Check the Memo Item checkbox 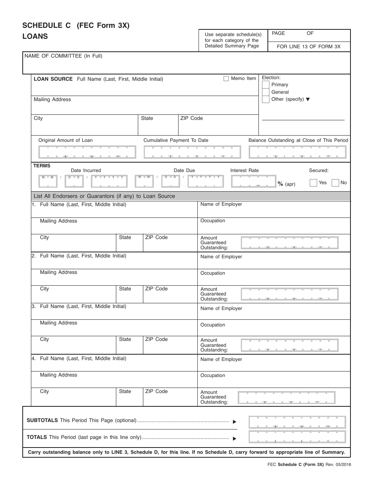226,79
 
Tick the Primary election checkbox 265,85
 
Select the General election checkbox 265,92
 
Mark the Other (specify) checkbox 265,99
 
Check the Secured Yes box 313,183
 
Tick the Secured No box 335,183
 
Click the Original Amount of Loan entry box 87,152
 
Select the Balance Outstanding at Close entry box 298,152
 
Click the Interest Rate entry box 253,181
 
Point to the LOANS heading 35,36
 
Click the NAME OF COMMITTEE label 63,56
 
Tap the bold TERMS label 42,166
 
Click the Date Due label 184,170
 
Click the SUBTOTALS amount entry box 297,422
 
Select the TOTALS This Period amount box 297,437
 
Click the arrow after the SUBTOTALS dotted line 235,422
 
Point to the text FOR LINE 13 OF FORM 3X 309,47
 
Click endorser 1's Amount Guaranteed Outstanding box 289,243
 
